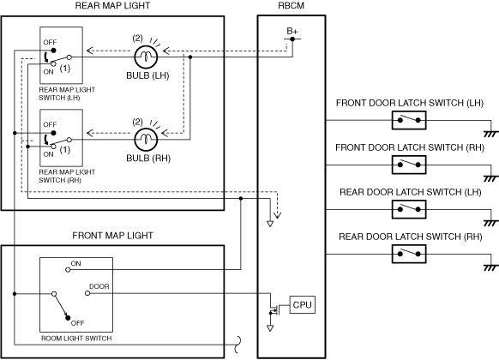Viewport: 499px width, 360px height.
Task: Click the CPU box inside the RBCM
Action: pos(303,304)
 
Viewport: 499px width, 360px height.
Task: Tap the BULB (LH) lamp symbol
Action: pos(146,57)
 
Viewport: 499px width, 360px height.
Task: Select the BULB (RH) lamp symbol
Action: pos(146,140)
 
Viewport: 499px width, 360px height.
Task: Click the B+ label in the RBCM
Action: pos(292,31)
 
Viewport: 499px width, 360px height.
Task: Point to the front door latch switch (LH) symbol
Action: pos(409,120)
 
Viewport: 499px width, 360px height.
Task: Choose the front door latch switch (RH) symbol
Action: pos(409,165)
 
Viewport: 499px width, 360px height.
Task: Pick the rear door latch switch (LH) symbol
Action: pos(409,209)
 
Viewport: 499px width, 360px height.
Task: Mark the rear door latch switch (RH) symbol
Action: pos(409,254)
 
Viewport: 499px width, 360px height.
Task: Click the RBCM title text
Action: pos(292,6)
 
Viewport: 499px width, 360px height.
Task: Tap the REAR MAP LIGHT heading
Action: pos(112,6)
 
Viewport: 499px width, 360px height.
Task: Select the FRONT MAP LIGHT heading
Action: pos(112,236)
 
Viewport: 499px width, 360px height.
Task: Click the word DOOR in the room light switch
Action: pos(99,286)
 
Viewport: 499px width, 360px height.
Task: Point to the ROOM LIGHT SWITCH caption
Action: pos(76,339)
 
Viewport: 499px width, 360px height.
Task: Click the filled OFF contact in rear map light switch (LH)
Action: pos(54,51)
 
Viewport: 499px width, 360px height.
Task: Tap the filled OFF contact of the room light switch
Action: pos(68,317)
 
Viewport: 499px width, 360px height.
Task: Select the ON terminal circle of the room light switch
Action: pos(68,270)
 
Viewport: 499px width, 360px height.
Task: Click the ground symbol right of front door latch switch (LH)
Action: pos(490,135)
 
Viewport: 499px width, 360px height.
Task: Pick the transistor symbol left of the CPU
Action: pos(274,309)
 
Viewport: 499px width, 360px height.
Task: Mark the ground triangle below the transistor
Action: pos(270,328)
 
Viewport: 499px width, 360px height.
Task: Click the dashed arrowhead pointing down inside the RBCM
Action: pos(278,215)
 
